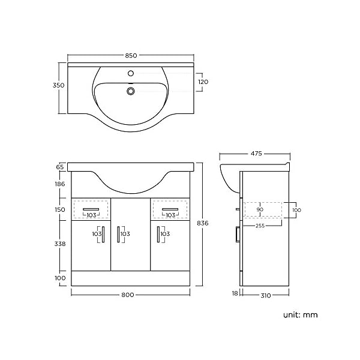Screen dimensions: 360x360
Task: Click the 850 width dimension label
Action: (131, 56)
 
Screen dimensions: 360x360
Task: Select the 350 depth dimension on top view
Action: (59, 85)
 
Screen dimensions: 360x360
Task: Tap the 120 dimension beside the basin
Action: (203, 82)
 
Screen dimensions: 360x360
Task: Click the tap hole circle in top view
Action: (131, 73)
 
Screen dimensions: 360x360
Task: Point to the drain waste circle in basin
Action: (131, 91)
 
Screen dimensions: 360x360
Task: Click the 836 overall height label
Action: (203, 223)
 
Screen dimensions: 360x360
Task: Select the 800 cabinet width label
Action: (128, 295)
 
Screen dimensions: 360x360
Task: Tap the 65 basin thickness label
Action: (60, 167)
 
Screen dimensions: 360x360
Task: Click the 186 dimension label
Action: (60, 184)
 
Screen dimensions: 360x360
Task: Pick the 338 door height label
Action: (60, 244)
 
